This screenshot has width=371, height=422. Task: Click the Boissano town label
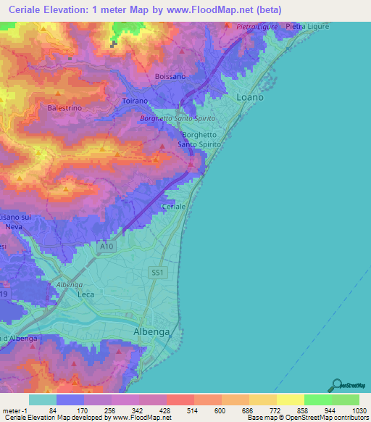tap(171, 76)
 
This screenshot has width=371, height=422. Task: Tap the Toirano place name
tap(136, 102)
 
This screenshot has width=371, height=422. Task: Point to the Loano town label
tap(251, 96)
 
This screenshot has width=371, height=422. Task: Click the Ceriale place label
tap(175, 207)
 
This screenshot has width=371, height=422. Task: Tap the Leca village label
tap(86, 295)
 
